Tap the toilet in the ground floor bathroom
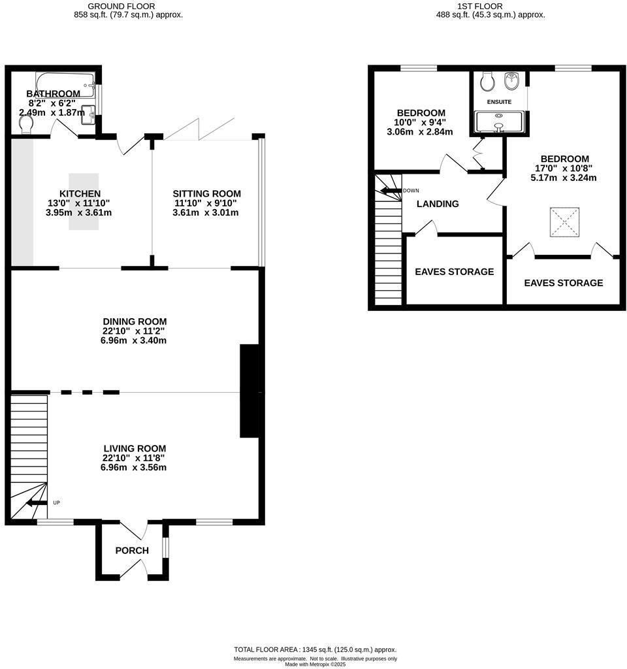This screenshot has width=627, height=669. [x=26, y=123]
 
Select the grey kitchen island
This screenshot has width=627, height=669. [x=84, y=201]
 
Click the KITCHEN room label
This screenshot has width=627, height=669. [x=80, y=193]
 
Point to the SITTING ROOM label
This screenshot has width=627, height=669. [x=206, y=193]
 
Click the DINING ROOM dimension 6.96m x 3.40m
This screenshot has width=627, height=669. [x=135, y=340]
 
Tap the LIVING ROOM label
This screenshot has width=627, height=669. [x=134, y=448]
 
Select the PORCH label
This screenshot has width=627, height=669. [x=132, y=551]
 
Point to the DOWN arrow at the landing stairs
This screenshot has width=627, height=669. [x=390, y=191]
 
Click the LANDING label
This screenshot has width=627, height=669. [x=438, y=204]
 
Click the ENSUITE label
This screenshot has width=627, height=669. [x=498, y=102]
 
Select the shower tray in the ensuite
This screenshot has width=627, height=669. [x=499, y=122]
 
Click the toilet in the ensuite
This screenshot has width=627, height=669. [x=486, y=82]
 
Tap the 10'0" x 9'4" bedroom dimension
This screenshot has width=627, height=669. [x=421, y=122]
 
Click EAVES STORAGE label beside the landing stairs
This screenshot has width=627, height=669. [x=454, y=272]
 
